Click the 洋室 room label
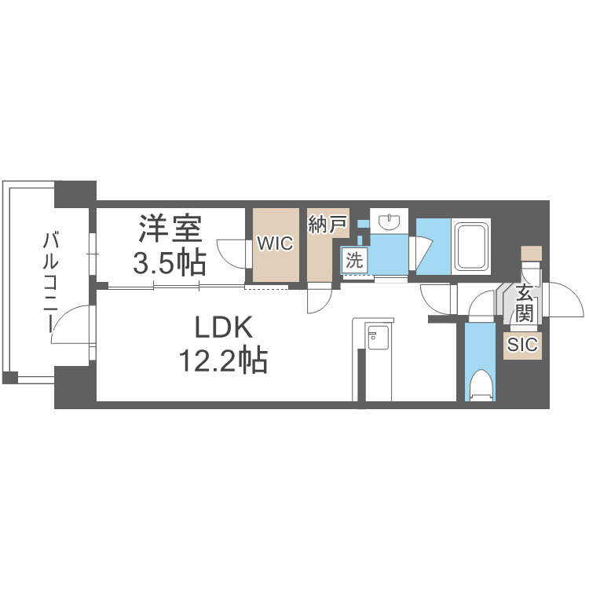click(x=170, y=229)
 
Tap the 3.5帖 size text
click(x=170, y=262)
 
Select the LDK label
click(x=224, y=327)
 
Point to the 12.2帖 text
click(x=224, y=360)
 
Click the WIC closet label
click(x=276, y=243)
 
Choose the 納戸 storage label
click(x=327, y=225)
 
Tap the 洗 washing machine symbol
click(x=354, y=261)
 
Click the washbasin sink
click(x=390, y=221)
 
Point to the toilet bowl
click(x=481, y=384)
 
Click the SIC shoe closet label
click(x=522, y=345)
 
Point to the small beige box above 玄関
click(x=532, y=253)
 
